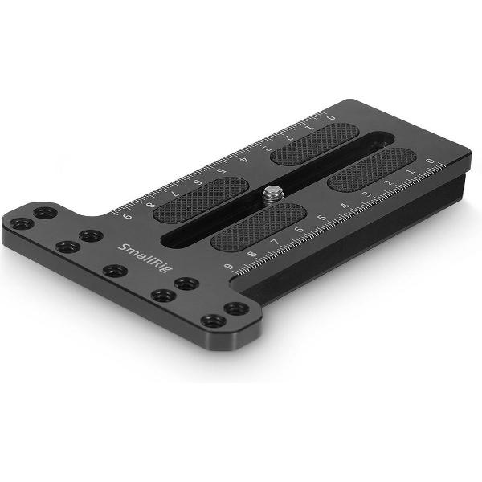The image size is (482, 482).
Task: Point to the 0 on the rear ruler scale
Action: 332,118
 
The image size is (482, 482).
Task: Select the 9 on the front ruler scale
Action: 230,268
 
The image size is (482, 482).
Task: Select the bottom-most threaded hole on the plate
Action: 213,321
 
